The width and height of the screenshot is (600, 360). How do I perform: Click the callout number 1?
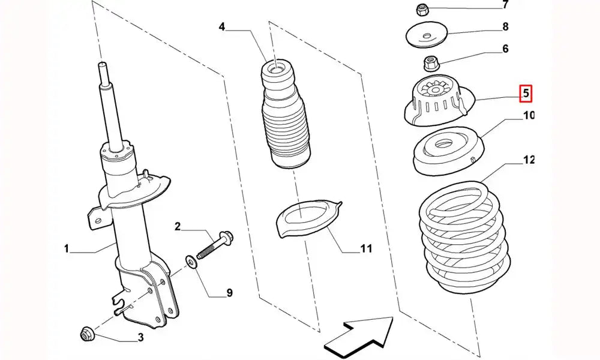(x=67, y=248)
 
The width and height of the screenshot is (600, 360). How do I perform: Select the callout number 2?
(x=178, y=226)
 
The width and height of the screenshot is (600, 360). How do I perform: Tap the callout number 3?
(x=140, y=338)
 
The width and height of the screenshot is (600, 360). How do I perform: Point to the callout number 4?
(x=221, y=26)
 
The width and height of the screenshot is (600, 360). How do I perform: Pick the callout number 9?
(x=229, y=293)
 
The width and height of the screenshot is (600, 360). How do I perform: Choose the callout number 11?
(x=366, y=248)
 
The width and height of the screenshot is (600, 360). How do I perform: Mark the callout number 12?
(x=529, y=160)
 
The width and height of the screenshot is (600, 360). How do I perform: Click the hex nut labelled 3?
(x=86, y=333)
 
